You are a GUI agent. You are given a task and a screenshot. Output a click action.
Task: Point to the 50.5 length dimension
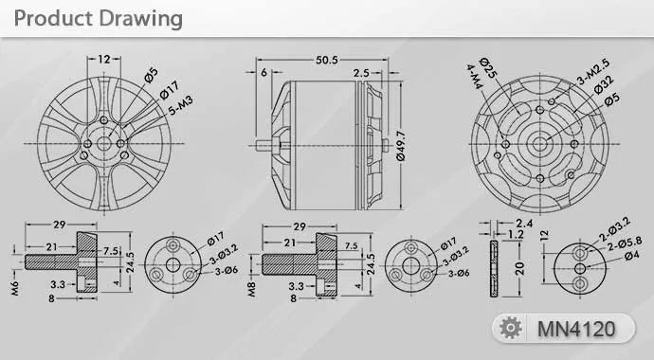pos(328,61)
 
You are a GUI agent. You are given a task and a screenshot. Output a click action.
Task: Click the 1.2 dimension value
pos(515,235)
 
